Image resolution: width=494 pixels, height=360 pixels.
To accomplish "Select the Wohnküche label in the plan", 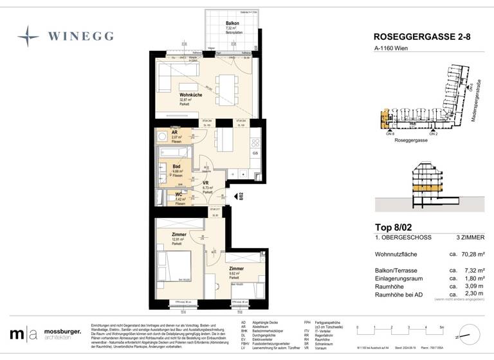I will click(x=192, y=95).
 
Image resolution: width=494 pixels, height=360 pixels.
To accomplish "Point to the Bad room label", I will click(x=176, y=166).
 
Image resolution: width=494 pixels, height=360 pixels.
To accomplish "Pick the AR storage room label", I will click(x=174, y=132).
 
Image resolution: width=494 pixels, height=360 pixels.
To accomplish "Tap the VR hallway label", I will click(x=206, y=183).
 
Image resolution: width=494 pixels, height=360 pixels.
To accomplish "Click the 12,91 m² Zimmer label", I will click(x=179, y=235).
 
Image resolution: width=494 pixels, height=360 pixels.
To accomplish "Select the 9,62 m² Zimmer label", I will click(x=236, y=268).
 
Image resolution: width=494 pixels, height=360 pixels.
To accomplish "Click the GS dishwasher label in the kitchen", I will click(x=255, y=153).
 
